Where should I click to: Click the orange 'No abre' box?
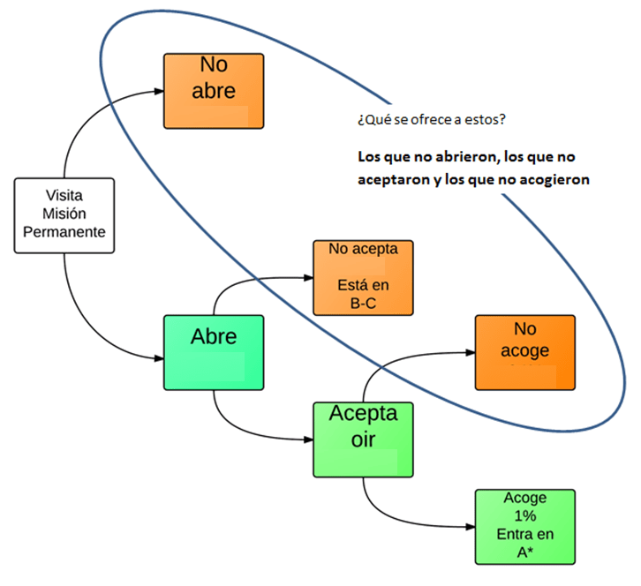(214, 90)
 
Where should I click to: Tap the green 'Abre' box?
(214, 351)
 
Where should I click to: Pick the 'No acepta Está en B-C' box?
(363, 277)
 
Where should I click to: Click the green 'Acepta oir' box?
(363, 439)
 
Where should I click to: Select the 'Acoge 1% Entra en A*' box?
(524, 527)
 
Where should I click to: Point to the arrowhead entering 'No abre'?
(158, 90)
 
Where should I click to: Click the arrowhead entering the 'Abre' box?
(158, 358)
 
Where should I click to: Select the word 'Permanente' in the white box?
(64, 231)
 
